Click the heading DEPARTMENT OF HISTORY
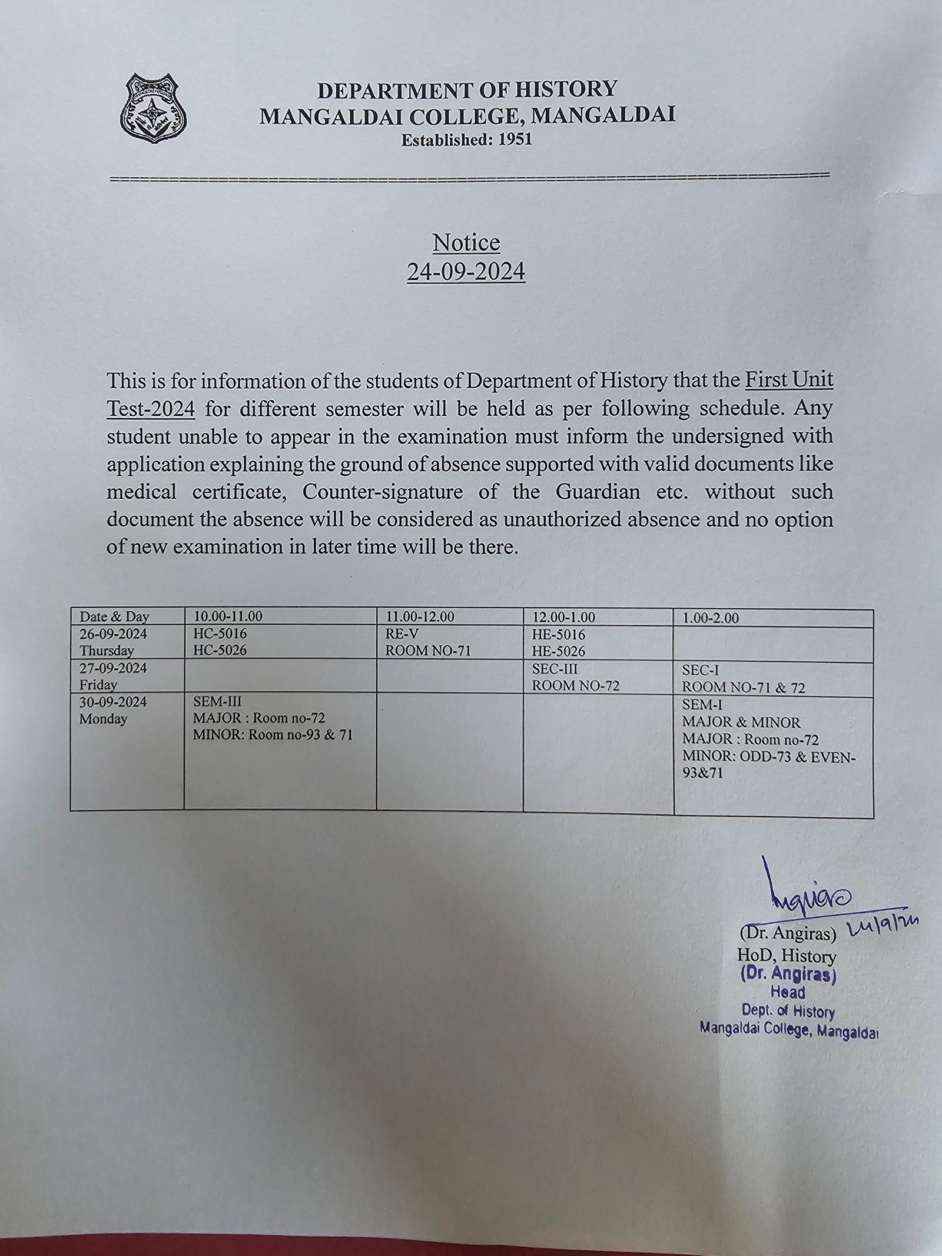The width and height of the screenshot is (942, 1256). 467,90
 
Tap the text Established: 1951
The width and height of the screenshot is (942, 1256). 466,140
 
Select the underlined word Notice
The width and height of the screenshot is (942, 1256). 466,242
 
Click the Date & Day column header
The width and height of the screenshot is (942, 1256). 115,617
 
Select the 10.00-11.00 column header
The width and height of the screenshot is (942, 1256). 228,617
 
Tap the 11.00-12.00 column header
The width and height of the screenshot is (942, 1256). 420,617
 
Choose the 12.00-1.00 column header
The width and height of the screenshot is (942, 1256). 563,617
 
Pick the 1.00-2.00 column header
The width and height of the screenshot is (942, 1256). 710,618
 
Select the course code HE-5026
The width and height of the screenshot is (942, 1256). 559,652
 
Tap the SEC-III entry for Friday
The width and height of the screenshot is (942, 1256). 555,669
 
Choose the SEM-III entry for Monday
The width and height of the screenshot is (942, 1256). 217,702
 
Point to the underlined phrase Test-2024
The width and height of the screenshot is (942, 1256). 151,407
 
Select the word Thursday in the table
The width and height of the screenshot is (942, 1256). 107,651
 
